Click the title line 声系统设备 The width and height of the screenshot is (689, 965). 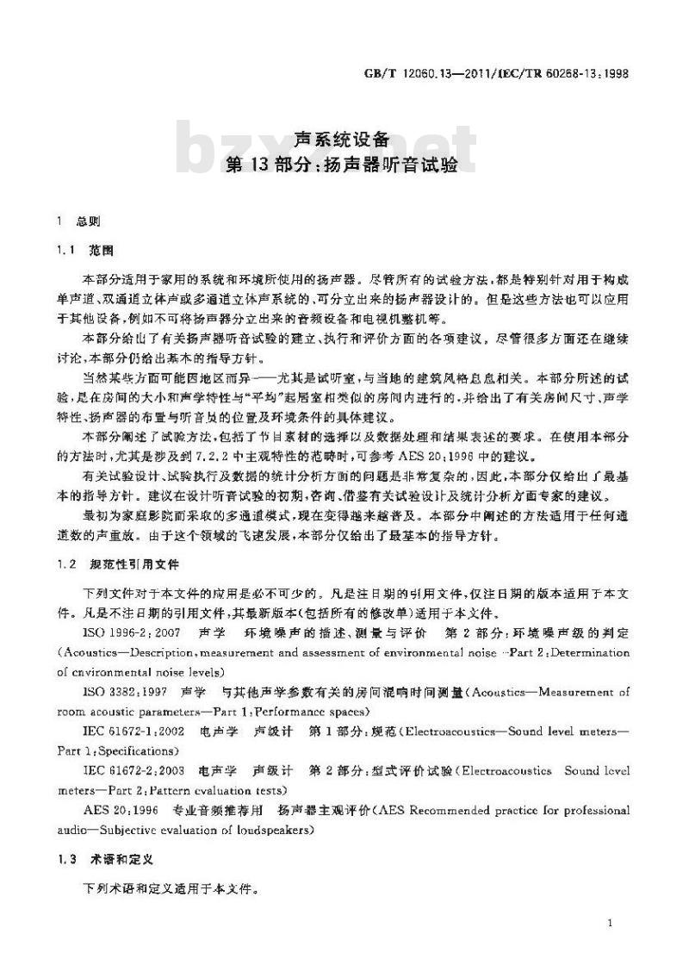click(x=343, y=138)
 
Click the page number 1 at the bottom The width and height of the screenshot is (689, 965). click(x=609, y=924)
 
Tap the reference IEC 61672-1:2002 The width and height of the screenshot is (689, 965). click(x=131, y=731)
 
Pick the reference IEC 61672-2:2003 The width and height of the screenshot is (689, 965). click(x=131, y=770)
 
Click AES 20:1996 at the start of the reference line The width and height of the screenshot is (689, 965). click(x=118, y=810)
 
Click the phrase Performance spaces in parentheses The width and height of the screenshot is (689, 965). click(x=314, y=712)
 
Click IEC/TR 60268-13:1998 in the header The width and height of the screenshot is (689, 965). click(x=574, y=74)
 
